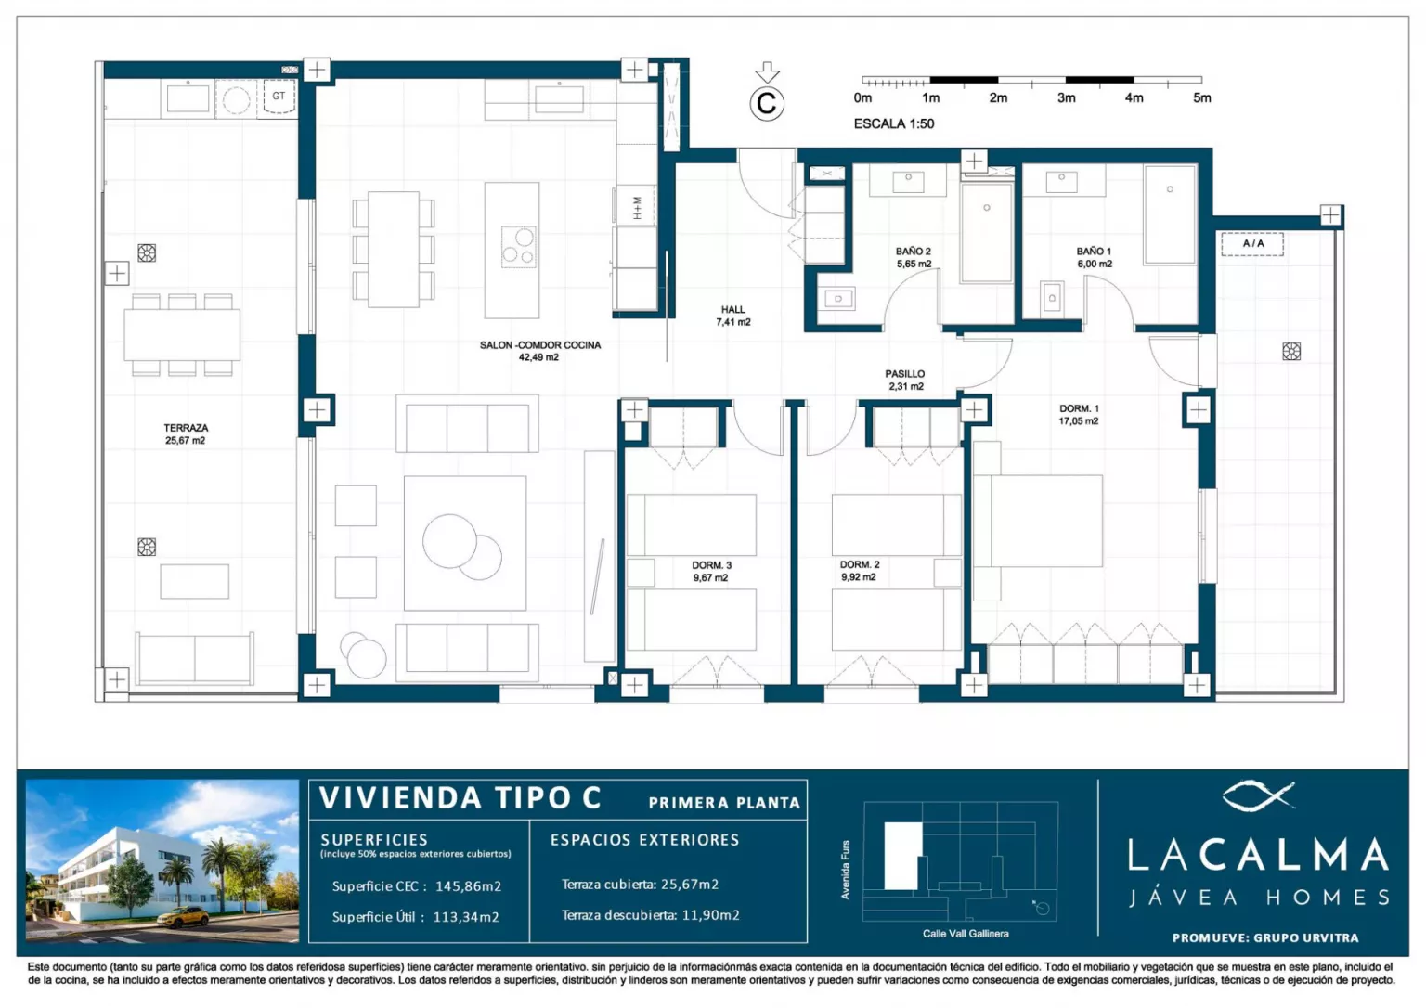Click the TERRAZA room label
(x=186, y=434)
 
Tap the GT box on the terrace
(x=279, y=97)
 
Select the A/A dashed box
(x=1252, y=244)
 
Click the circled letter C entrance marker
(x=767, y=104)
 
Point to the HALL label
(x=733, y=316)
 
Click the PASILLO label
(x=905, y=380)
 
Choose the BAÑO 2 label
(x=914, y=258)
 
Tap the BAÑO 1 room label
(x=1095, y=258)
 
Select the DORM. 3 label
(x=711, y=572)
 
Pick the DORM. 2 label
(x=859, y=571)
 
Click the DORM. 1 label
(x=1079, y=415)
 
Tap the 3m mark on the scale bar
(x=1067, y=98)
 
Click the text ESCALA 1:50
(x=894, y=124)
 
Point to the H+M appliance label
(x=637, y=208)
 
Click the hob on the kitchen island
(x=518, y=247)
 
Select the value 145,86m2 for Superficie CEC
(x=469, y=885)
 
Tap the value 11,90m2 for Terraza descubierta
(x=711, y=915)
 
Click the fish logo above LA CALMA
(x=1259, y=795)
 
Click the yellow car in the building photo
(x=183, y=917)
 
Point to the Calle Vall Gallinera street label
(x=966, y=934)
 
